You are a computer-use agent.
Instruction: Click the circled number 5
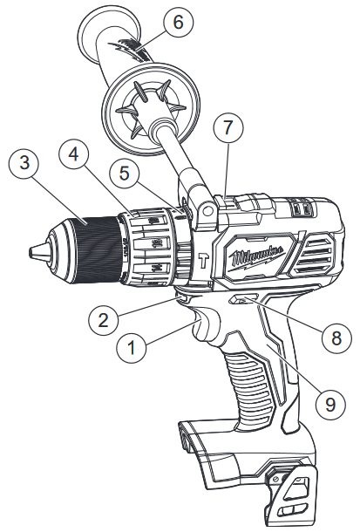pyautogui.click(x=130, y=174)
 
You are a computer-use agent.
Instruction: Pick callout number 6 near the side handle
pyautogui.click(x=178, y=24)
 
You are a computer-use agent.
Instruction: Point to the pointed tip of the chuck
pyautogui.click(x=33, y=251)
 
